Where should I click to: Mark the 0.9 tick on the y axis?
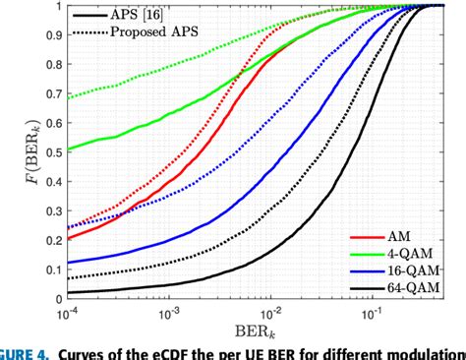(50, 34)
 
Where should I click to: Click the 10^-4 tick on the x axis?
(69, 312)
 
